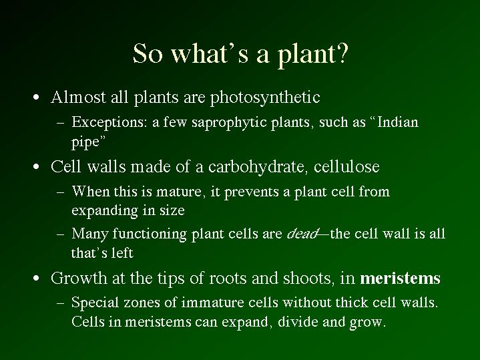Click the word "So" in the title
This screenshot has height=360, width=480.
148,53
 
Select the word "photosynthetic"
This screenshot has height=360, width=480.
265,98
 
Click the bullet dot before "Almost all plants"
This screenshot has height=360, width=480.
37,98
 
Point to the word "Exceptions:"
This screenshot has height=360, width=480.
107,122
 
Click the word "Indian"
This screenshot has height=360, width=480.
398,122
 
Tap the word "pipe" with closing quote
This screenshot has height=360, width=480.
89,142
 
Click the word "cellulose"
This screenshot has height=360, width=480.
346,167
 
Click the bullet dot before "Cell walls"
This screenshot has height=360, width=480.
37,167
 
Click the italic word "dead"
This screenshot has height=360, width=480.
302,234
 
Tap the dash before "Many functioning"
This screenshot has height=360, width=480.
61,234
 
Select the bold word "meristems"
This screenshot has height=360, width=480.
400,279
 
